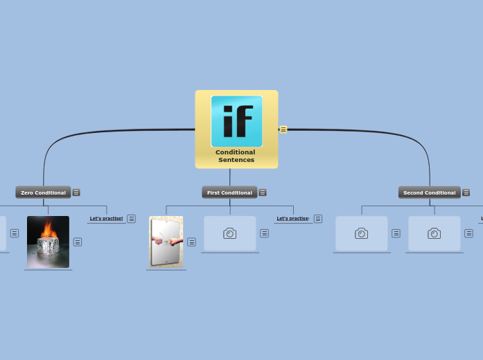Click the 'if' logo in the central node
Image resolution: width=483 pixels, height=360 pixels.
(x=236, y=121)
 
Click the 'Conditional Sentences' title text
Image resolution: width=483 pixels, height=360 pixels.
(x=236, y=156)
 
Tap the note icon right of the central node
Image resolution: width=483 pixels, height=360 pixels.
(x=283, y=129)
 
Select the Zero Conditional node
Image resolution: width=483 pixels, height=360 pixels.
(x=43, y=192)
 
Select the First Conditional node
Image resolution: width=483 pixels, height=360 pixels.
(x=229, y=192)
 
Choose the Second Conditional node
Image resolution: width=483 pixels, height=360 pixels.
(x=429, y=192)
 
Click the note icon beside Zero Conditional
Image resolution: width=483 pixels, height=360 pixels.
(x=76, y=192)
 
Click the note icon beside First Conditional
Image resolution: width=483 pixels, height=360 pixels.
(x=263, y=192)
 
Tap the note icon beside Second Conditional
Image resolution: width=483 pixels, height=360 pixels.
(x=466, y=192)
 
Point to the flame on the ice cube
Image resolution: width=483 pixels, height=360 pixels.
(x=48, y=228)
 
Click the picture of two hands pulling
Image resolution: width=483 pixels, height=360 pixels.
(x=166, y=242)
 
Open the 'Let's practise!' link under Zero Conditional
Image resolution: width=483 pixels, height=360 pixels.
(x=106, y=218)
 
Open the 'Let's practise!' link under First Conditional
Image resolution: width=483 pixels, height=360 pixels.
(x=292, y=218)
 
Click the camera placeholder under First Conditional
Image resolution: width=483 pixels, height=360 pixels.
(x=230, y=233)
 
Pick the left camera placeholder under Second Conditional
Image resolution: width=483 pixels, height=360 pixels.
(x=362, y=233)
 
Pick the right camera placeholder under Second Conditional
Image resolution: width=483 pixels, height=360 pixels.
(x=434, y=233)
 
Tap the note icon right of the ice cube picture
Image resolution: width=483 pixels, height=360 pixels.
(x=78, y=242)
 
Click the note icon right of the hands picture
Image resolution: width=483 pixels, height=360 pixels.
(x=191, y=242)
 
